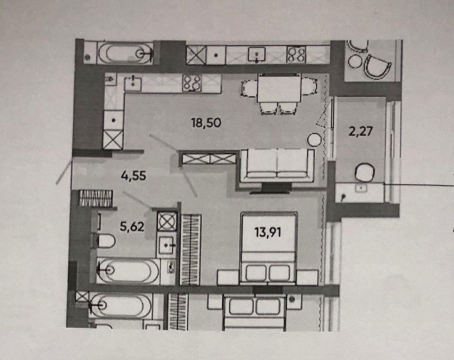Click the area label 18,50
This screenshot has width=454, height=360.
pos(206,123)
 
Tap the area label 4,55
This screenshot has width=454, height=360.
pos(133,176)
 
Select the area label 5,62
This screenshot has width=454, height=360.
pos(132,227)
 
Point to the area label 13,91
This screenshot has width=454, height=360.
pos(268,233)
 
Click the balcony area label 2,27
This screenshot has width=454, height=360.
pos(361,131)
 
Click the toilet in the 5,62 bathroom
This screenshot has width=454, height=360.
pos(104,241)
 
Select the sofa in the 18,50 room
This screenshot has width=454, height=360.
pos(277,166)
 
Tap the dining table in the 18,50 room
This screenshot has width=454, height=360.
pos(279,88)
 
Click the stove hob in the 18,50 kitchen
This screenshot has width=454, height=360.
pos(192,84)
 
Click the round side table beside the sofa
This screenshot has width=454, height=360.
pos(314,140)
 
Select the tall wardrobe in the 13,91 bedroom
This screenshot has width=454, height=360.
pos(191,250)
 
